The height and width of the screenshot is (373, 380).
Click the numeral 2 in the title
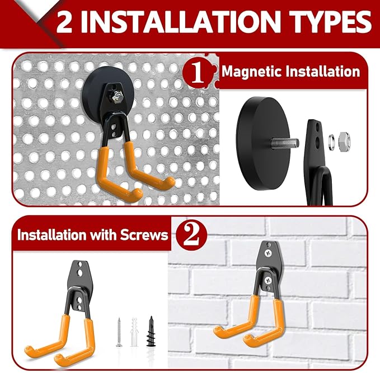coord(71,23)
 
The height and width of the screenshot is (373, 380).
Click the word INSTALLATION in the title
coord(184,23)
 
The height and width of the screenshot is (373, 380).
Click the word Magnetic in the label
coord(248,72)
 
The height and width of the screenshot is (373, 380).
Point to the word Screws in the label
coord(146,234)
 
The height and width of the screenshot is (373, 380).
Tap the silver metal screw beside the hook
coord(119,332)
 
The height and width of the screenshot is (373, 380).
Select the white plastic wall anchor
coord(134,332)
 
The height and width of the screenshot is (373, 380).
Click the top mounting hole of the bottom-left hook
coord(79,267)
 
